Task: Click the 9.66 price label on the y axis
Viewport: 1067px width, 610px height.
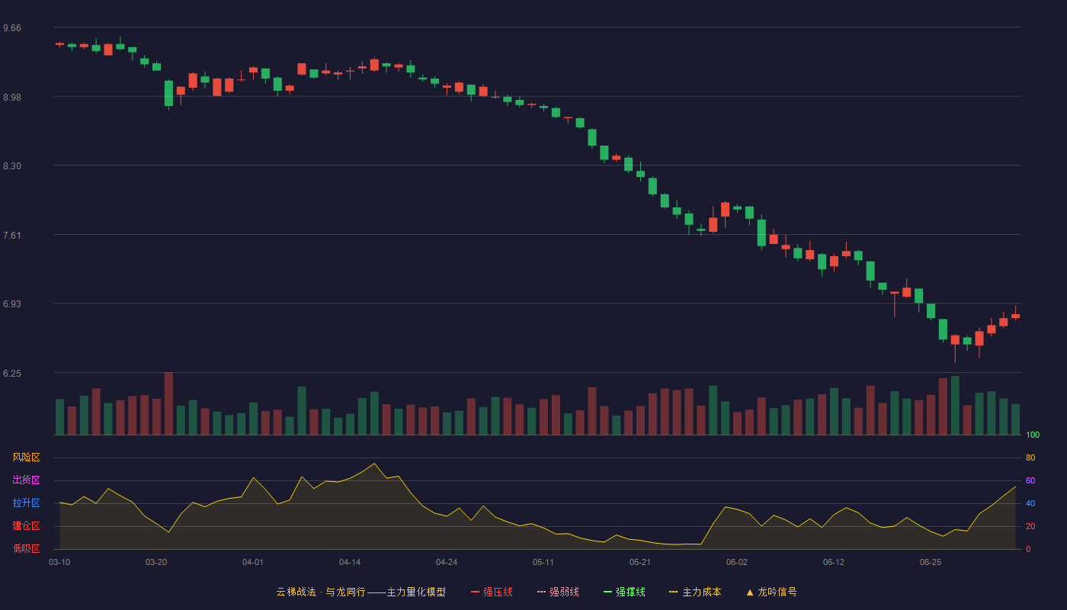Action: (x=12, y=28)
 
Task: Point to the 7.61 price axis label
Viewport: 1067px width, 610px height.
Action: (x=12, y=236)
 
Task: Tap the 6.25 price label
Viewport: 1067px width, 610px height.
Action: (x=12, y=374)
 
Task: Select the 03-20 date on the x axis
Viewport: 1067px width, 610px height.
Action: (x=156, y=563)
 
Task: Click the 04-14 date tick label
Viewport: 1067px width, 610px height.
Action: (x=350, y=563)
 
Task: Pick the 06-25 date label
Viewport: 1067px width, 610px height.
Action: (x=931, y=563)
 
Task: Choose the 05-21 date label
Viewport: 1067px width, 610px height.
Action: (x=639, y=563)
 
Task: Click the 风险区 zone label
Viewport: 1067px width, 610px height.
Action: (x=26, y=457)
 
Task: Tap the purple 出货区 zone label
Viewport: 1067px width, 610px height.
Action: (x=26, y=480)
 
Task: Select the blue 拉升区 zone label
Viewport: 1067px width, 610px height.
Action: (x=26, y=502)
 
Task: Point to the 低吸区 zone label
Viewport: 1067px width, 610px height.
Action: (x=26, y=548)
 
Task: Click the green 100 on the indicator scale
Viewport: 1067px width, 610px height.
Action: (x=1033, y=435)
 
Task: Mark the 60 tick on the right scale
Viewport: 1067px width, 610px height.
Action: (x=1030, y=480)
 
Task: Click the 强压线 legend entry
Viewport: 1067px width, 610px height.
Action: (x=492, y=592)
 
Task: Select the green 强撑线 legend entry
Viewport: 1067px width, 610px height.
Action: (x=624, y=592)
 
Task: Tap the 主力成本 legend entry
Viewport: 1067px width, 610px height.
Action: (x=695, y=592)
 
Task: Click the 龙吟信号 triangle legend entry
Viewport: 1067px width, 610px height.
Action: (x=771, y=592)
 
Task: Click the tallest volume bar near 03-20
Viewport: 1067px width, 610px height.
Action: (x=168, y=403)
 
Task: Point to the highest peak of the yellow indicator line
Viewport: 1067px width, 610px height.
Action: (x=374, y=464)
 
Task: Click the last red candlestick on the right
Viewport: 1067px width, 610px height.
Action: (x=1015, y=316)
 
